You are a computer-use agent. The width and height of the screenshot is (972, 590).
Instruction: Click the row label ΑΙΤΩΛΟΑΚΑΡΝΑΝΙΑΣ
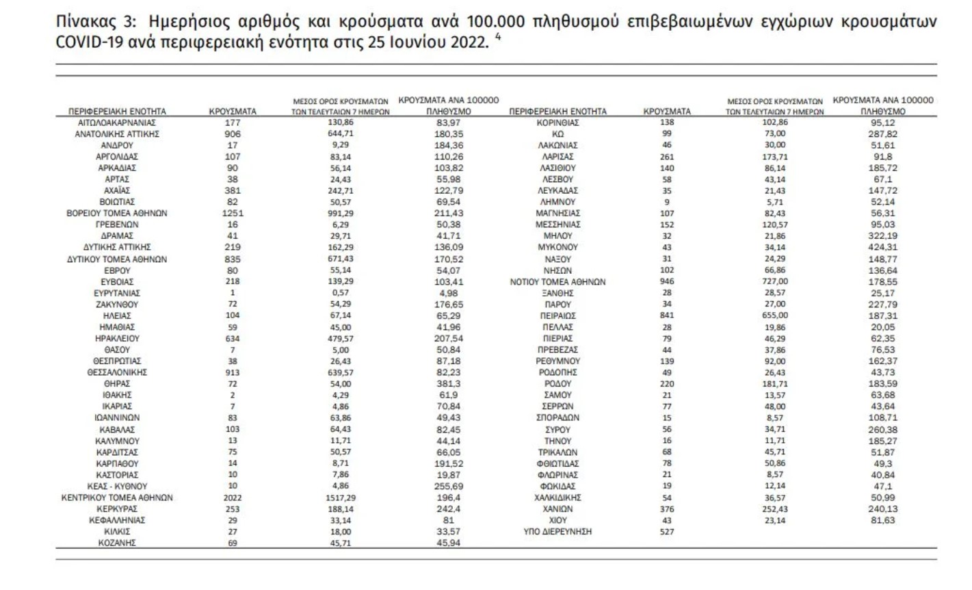(117, 123)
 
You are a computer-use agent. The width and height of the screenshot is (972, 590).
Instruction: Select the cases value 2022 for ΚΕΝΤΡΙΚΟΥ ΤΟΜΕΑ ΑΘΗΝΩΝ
(233, 498)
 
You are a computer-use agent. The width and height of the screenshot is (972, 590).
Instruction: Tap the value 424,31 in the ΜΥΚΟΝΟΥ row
(882, 247)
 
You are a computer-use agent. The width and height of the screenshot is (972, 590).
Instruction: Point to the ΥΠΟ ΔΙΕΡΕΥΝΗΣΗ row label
(557, 531)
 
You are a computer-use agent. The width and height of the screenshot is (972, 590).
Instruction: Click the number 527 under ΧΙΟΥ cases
(667, 531)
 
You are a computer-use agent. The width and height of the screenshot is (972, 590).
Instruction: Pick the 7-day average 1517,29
(340, 498)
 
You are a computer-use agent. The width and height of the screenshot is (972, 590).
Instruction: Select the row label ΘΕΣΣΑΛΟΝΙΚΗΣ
(117, 372)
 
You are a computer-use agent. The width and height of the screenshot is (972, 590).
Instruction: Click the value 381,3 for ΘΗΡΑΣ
(449, 384)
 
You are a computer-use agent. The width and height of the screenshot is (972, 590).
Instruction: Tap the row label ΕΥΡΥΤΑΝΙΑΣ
(117, 293)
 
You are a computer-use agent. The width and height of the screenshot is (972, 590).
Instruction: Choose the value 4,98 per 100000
(449, 293)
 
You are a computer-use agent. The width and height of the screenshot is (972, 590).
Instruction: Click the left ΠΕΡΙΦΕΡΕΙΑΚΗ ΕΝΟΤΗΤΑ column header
(117, 111)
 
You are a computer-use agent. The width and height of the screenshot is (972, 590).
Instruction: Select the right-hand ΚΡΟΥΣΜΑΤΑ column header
(667, 111)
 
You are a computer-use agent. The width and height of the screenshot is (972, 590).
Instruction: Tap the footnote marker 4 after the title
(497, 38)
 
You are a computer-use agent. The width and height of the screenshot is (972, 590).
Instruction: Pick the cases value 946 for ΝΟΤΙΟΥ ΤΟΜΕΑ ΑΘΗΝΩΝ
(667, 281)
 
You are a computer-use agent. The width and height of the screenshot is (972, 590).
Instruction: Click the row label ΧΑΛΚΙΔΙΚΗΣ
(557, 498)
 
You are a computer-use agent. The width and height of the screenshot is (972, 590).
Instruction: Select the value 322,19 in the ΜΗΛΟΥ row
(882, 235)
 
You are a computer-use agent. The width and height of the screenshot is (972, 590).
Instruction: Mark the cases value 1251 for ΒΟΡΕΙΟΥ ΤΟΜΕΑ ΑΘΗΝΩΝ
(233, 213)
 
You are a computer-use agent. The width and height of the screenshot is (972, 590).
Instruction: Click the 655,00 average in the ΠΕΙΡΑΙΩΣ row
(775, 316)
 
